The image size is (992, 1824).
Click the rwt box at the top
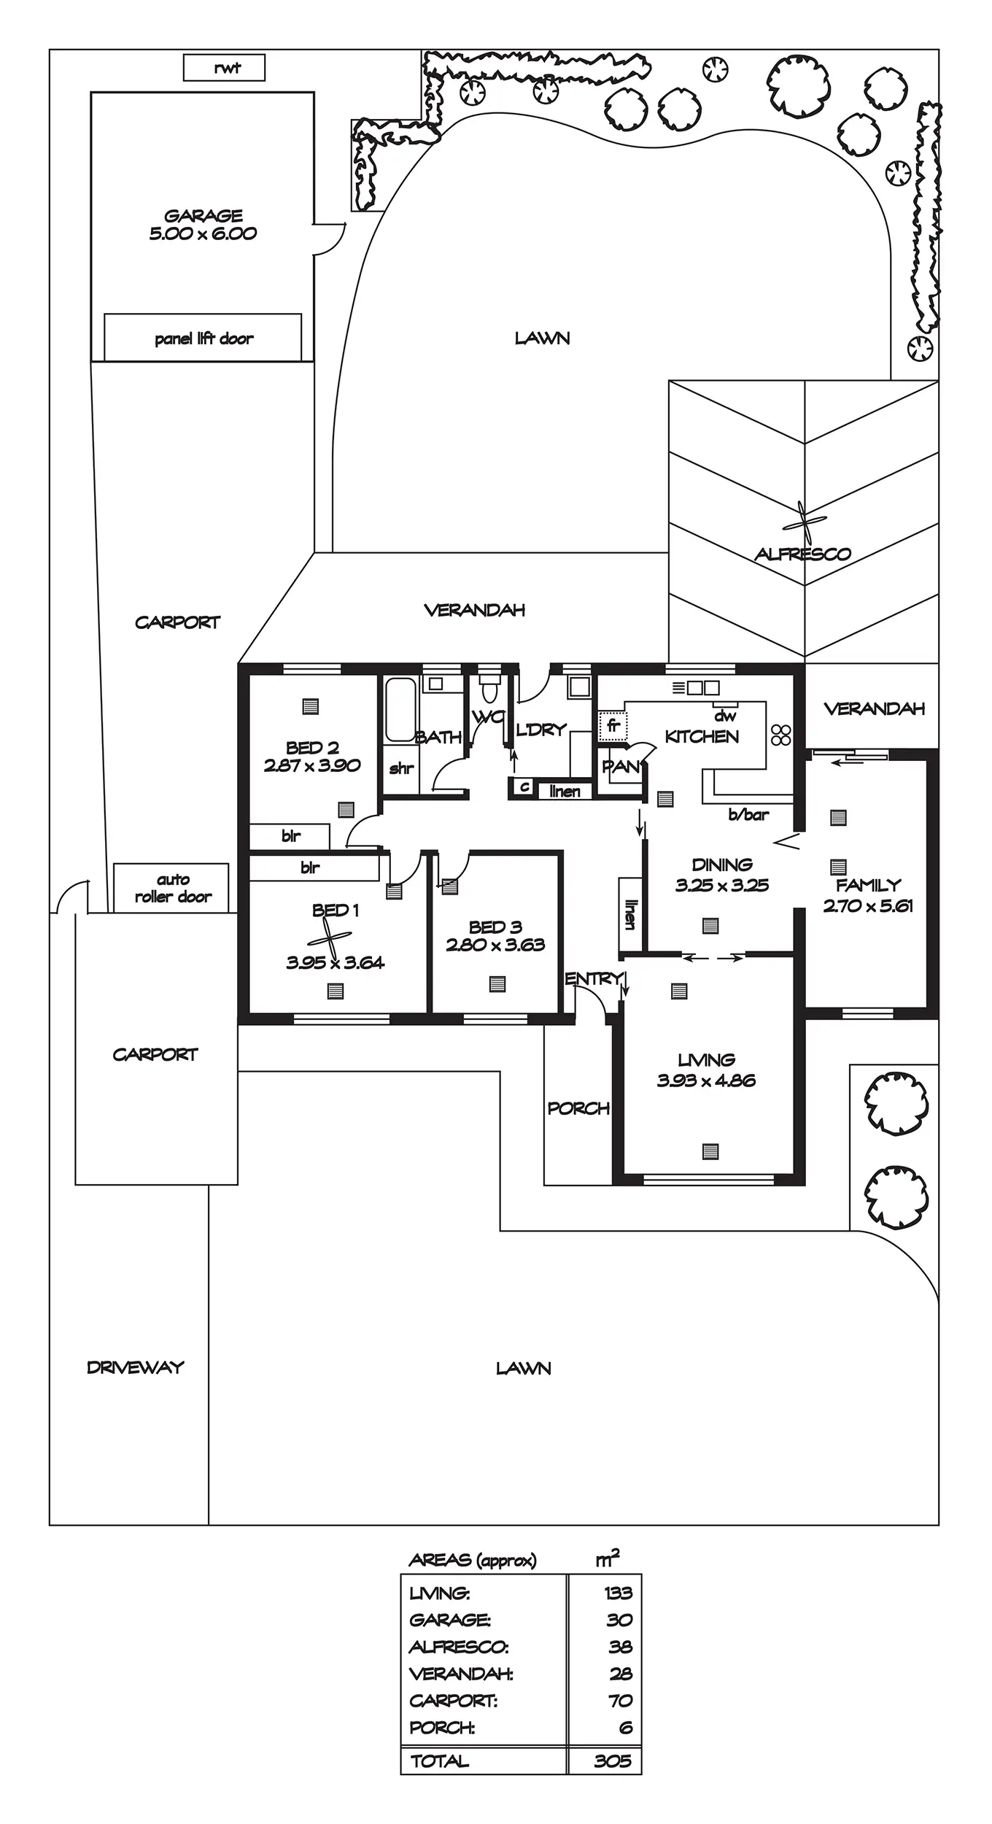pos(224,68)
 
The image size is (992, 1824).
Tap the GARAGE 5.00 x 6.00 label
pos(203,225)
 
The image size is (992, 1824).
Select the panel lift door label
pos(204,339)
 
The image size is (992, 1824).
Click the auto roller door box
pos(172,888)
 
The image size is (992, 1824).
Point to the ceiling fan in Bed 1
pos(330,938)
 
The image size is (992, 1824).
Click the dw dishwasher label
pos(724,716)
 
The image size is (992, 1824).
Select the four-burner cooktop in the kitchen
pos(781,735)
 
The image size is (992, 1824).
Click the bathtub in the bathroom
pos(400,709)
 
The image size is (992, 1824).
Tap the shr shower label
pos(401,768)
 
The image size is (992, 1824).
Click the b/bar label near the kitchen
pos(748,815)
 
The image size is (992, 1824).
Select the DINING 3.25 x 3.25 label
pos(721,875)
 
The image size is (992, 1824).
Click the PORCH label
pos(578,1108)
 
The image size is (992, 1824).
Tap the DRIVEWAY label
pos(136,1367)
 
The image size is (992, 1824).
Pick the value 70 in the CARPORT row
pos(619,1701)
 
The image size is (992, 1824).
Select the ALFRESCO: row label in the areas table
pos(459,1647)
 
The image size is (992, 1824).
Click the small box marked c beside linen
pos(524,787)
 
